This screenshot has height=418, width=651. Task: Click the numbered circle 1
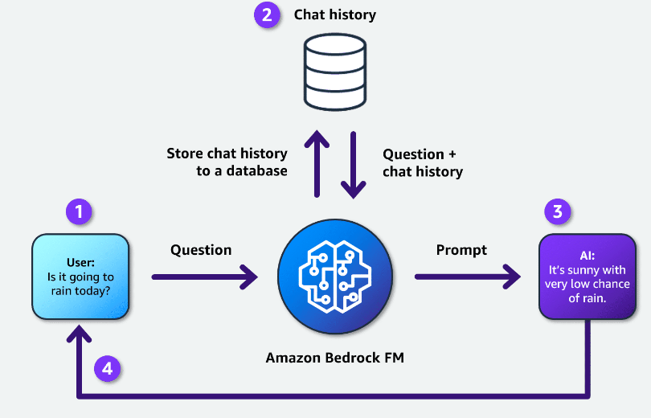[x=79, y=212]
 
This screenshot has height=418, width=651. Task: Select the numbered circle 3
[x=558, y=212]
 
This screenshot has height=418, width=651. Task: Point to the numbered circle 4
[x=108, y=369]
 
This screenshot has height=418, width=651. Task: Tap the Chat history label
[x=334, y=15]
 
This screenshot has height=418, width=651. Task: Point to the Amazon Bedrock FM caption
[x=335, y=358]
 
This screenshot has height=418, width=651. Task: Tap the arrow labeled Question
[x=204, y=277]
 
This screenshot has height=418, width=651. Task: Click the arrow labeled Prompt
[x=467, y=277]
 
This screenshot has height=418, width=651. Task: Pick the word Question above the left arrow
[x=201, y=250]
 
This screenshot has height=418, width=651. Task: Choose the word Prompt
[x=461, y=250]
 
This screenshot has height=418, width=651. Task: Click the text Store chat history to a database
[x=227, y=162]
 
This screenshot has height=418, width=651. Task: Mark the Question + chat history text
[x=423, y=162]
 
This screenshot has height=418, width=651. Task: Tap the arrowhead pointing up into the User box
[x=79, y=331]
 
